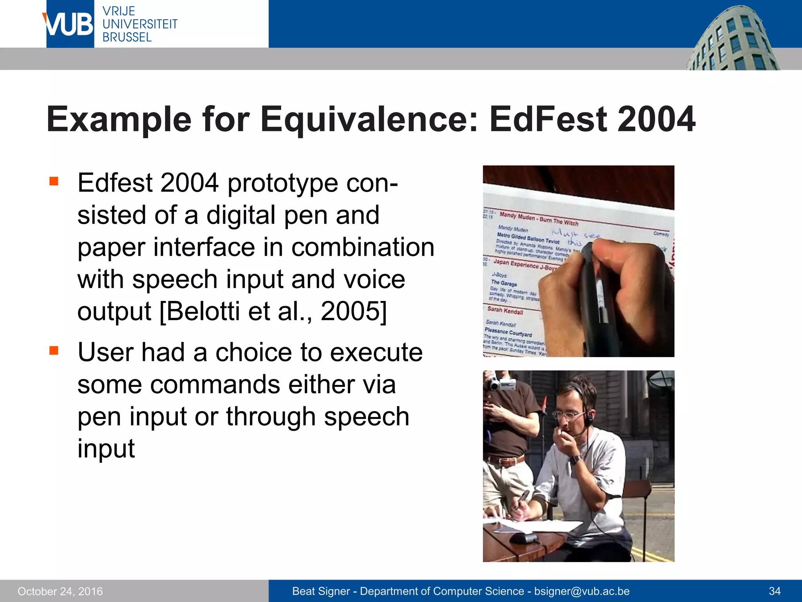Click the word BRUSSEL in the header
127,38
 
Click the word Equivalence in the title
368,119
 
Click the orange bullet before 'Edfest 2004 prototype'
54,181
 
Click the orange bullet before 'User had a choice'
54,350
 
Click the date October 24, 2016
60,591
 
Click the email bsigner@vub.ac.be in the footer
582,591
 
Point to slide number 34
775,591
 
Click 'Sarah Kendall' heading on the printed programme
505,311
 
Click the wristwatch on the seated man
575,459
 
